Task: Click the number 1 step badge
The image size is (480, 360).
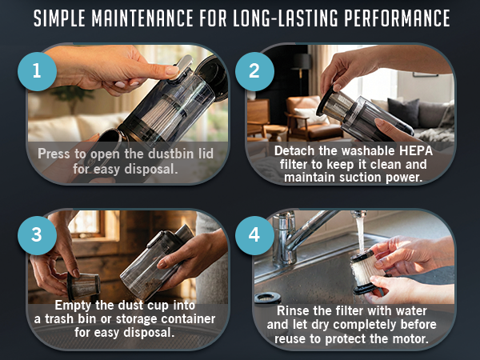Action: tap(36, 71)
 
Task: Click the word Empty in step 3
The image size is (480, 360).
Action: tap(73, 305)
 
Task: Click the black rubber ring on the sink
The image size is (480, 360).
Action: tap(267, 299)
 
